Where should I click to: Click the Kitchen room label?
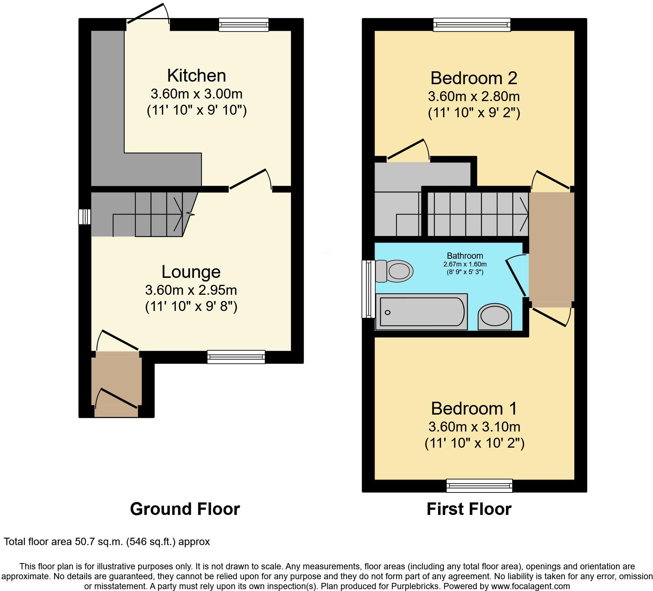point(196,75)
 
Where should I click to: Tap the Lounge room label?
point(191,272)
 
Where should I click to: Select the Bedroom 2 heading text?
point(474,78)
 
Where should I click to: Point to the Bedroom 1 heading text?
point(474,408)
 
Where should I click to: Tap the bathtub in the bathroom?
point(421,312)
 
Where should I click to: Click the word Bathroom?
point(465,256)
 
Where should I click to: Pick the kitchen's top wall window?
point(243,24)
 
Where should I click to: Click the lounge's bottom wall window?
point(236,357)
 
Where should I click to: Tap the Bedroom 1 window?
point(479,486)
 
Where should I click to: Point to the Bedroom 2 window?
point(472,24)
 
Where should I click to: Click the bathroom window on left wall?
point(368,289)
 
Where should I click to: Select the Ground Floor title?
point(185,509)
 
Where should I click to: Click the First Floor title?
point(469,509)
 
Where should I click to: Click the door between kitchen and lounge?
point(250,180)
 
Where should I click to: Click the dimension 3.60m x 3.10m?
point(474,427)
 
